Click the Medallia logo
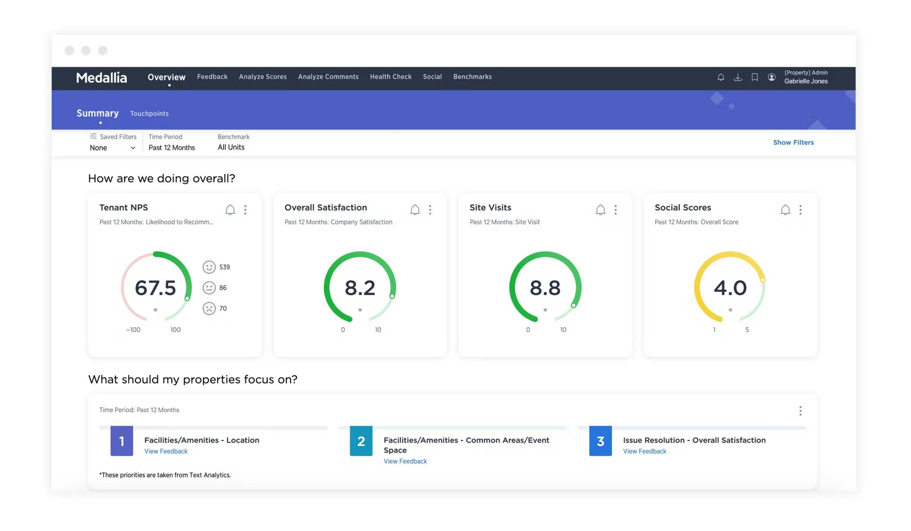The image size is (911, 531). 101,78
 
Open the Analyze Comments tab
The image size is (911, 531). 328,77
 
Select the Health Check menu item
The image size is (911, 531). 391,77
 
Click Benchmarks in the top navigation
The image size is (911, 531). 472,77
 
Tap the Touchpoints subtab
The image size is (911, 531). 149,114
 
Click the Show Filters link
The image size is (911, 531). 793,143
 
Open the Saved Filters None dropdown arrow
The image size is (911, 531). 133,148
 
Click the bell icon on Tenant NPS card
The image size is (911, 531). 230,210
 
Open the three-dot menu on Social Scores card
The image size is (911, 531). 800,210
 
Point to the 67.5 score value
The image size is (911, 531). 155,288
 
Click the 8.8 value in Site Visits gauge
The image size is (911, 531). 545,288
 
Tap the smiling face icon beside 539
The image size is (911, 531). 209,267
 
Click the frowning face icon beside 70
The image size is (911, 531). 209,308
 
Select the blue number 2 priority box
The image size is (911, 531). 361,441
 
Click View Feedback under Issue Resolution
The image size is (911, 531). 644,451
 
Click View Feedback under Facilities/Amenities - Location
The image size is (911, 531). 166,451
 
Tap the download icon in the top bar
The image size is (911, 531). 738,77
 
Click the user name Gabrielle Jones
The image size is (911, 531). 806,81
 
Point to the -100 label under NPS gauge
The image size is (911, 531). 133,330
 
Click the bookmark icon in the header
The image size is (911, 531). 754,77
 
